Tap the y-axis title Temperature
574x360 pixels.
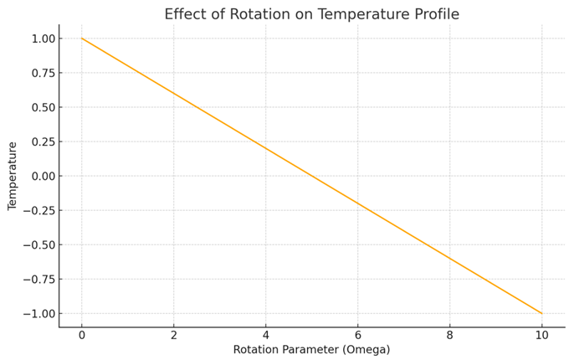(12, 176)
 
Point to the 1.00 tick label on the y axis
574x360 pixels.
(43, 39)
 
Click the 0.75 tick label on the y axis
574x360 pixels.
(43, 73)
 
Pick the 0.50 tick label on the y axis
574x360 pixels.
(43, 107)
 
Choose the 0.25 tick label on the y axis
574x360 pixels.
(43, 141)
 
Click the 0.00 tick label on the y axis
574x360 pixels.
(43, 176)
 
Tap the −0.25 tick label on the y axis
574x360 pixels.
(38, 211)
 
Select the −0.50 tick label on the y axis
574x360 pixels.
(38, 244)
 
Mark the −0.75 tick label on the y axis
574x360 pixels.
(38, 279)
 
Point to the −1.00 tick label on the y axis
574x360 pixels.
(38, 313)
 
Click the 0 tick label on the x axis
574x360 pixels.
(82, 335)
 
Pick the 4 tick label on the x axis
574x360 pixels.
(266, 335)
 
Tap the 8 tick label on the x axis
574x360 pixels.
(450, 335)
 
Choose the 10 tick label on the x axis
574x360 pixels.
(542, 335)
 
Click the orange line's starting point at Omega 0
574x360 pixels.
(82, 39)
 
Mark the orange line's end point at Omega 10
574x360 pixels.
(542, 313)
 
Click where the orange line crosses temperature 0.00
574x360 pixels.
(312, 176)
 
